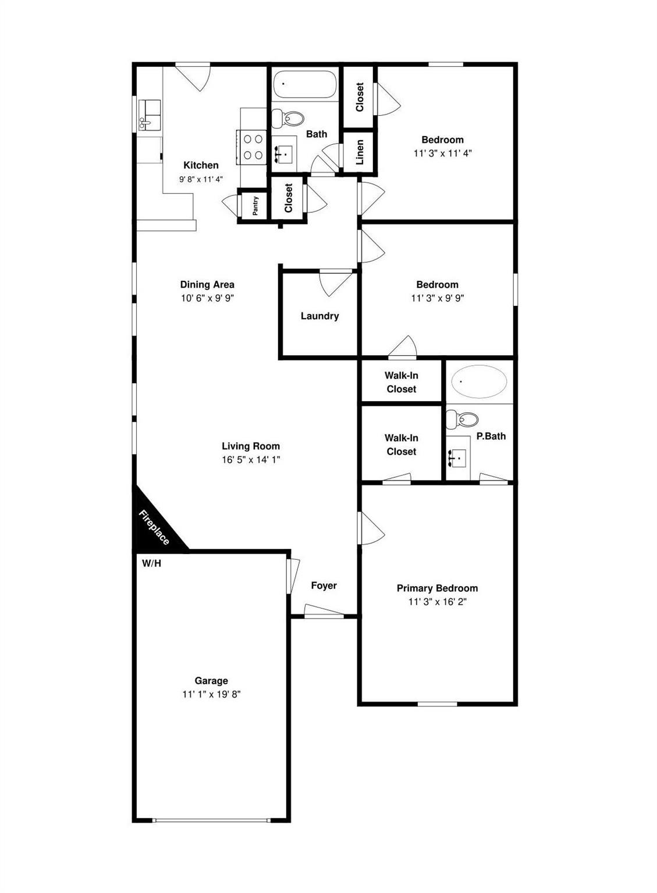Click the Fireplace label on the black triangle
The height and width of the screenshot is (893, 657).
point(154,527)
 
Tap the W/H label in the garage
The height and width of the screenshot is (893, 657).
point(151,563)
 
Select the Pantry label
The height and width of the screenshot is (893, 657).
point(255,206)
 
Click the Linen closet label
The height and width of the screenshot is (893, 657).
point(360,152)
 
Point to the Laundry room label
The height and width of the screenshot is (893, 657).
point(319,316)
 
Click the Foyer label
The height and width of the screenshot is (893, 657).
point(324,585)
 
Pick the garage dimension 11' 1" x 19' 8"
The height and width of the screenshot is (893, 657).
point(211,694)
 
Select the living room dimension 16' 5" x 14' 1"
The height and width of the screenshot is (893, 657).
point(251,459)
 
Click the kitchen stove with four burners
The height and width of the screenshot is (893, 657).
point(253,147)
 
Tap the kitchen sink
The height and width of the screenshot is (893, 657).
point(149,115)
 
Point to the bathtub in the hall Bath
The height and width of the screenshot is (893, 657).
point(304,85)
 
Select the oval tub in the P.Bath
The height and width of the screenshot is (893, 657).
point(479,381)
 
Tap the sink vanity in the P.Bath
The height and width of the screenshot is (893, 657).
point(459,458)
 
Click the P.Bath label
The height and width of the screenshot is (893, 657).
point(491,436)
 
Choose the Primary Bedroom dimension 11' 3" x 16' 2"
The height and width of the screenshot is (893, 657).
point(437,601)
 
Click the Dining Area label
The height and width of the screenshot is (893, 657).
point(207,284)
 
